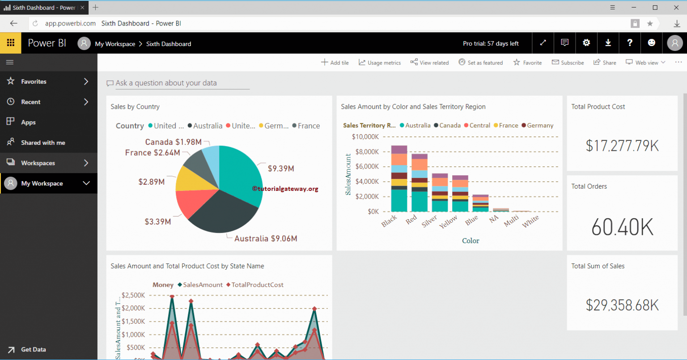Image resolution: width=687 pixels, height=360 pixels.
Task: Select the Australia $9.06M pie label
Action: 266,238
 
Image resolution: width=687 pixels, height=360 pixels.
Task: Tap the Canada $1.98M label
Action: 173,142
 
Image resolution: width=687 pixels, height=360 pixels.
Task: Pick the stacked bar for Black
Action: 399,178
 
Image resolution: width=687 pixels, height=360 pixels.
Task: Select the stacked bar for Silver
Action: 440,192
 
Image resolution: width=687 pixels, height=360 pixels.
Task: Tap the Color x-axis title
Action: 471,241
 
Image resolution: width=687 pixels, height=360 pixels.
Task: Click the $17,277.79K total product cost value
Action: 622,146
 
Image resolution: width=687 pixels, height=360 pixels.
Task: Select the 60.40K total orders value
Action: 622,227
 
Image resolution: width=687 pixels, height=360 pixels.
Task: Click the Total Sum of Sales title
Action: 598,266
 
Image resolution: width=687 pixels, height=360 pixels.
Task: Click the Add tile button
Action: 335,63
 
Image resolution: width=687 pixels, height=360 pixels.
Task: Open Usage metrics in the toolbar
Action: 380,63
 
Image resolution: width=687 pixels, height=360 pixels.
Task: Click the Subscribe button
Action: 568,63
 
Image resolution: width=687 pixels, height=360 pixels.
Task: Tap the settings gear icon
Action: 586,43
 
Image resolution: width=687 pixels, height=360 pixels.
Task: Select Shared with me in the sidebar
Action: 43,143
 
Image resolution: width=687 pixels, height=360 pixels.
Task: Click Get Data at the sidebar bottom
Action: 33,349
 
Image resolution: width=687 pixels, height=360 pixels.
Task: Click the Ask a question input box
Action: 179,83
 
